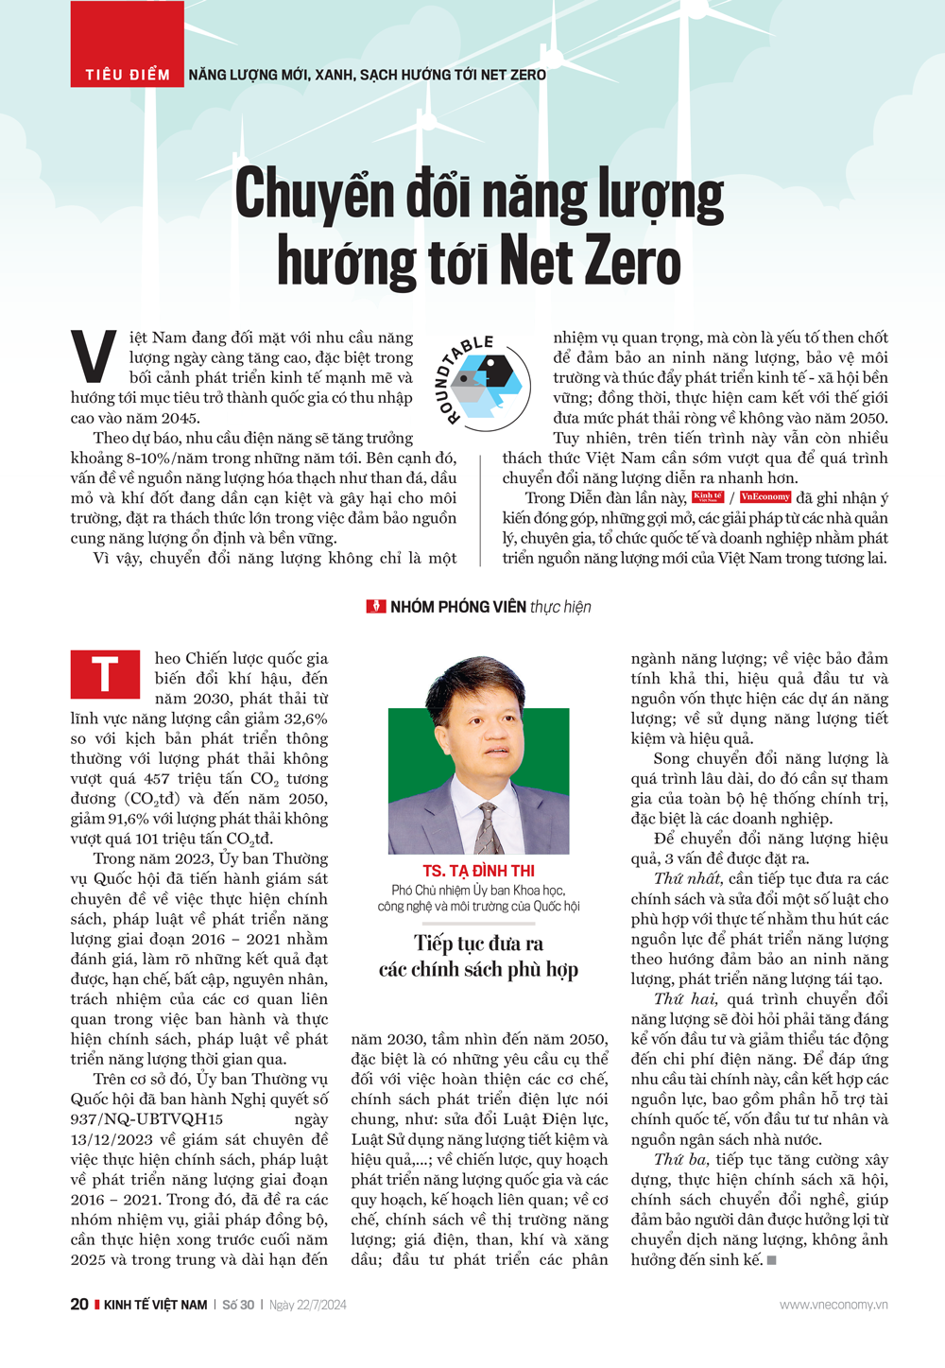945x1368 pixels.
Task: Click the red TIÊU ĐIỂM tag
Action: (128, 74)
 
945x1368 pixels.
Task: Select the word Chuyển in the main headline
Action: (314, 195)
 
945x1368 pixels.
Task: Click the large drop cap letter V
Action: (94, 358)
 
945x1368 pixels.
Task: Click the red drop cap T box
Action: (104, 674)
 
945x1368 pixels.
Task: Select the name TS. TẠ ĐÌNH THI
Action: (478, 871)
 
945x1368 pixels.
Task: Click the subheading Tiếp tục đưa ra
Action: (478, 944)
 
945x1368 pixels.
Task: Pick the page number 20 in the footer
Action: (79, 1305)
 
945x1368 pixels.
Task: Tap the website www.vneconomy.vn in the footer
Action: (833, 1305)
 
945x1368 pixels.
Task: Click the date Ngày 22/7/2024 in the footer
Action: (308, 1305)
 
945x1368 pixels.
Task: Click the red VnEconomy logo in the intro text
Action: (765, 497)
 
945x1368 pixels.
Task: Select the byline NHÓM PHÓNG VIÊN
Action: (457, 607)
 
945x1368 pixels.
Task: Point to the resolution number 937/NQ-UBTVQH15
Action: (146, 1119)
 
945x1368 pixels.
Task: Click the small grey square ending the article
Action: (771, 1260)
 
